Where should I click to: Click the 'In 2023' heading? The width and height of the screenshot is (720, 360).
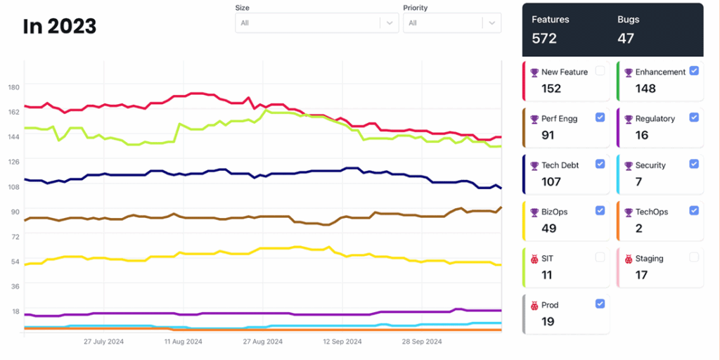60,27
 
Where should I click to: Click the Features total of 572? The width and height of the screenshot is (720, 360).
544,39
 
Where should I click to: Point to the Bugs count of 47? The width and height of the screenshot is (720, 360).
626,39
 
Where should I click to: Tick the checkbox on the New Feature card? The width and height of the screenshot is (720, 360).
600,70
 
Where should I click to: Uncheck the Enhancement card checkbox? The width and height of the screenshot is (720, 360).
694,70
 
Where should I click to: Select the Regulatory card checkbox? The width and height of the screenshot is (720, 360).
694,117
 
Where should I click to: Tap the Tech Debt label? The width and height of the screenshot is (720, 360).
560,165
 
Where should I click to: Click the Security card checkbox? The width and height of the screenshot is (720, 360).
694,164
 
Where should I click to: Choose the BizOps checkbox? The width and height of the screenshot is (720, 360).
600,210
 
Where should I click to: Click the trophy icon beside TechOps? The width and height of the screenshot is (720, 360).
629,212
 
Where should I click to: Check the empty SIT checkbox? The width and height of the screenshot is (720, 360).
600,257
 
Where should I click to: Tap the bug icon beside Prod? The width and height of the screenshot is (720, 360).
534,305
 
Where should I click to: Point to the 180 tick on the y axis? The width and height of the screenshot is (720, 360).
13,86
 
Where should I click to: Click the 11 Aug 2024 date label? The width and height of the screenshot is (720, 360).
183,342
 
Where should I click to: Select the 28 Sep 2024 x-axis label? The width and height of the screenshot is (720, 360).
422,342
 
